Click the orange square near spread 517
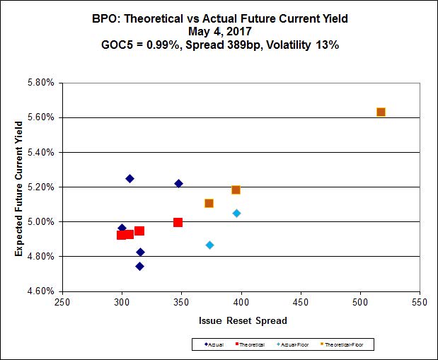point(381,112)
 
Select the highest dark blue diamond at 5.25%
point(129,178)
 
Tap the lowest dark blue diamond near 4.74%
point(139,266)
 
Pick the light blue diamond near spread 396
point(236,213)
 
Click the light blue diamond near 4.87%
point(209,245)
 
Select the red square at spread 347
point(178,222)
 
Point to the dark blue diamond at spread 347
point(178,183)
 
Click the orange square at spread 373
point(209,203)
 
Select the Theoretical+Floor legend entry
point(347,344)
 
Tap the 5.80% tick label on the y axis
point(40,83)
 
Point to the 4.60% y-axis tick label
point(40,291)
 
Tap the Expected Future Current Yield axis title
point(19,186)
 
